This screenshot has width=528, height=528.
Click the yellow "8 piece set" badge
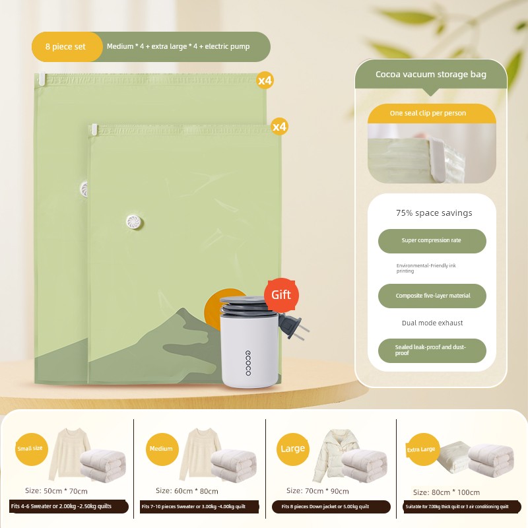click(x=67, y=47)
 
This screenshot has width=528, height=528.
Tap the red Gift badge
click(x=281, y=295)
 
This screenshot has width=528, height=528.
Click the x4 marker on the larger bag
click(x=265, y=81)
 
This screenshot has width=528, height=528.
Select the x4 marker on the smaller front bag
click(x=279, y=127)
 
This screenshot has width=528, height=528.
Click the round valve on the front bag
click(x=135, y=222)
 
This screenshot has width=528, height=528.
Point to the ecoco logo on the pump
click(x=248, y=362)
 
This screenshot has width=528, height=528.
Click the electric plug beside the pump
click(x=292, y=326)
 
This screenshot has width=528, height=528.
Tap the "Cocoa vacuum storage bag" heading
click(x=431, y=75)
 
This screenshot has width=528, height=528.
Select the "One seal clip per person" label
click(x=428, y=113)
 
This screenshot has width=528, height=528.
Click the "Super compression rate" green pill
click(x=432, y=241)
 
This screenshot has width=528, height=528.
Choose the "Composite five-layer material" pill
click(x=432, y=296)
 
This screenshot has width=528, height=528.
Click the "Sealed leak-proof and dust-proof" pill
click(x=432, y=350)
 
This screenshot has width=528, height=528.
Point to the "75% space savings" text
click(x=434, y=213)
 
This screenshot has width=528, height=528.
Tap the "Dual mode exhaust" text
click(x=432, y=323)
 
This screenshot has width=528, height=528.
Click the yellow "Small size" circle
click(x=31, y=449)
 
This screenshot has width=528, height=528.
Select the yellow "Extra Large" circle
click(x=423, y=449)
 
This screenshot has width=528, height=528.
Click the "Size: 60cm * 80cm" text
click(x=187, y=491)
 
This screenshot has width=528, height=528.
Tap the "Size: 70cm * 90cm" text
click(x=317, y=491)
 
